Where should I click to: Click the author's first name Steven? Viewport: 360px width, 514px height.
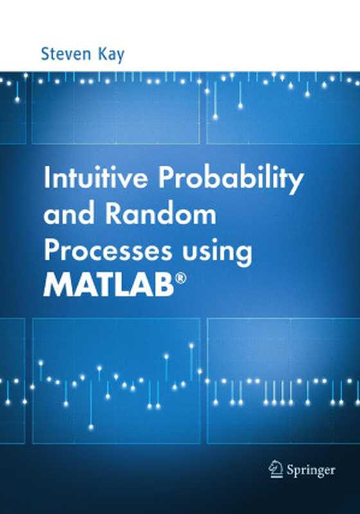(62, 53)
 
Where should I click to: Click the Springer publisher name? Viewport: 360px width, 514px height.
(311, 470)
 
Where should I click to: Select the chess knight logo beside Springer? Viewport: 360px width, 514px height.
(276, 468)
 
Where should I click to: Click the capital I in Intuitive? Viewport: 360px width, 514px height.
(46, 181)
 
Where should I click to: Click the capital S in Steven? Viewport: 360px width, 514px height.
(45, 53)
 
